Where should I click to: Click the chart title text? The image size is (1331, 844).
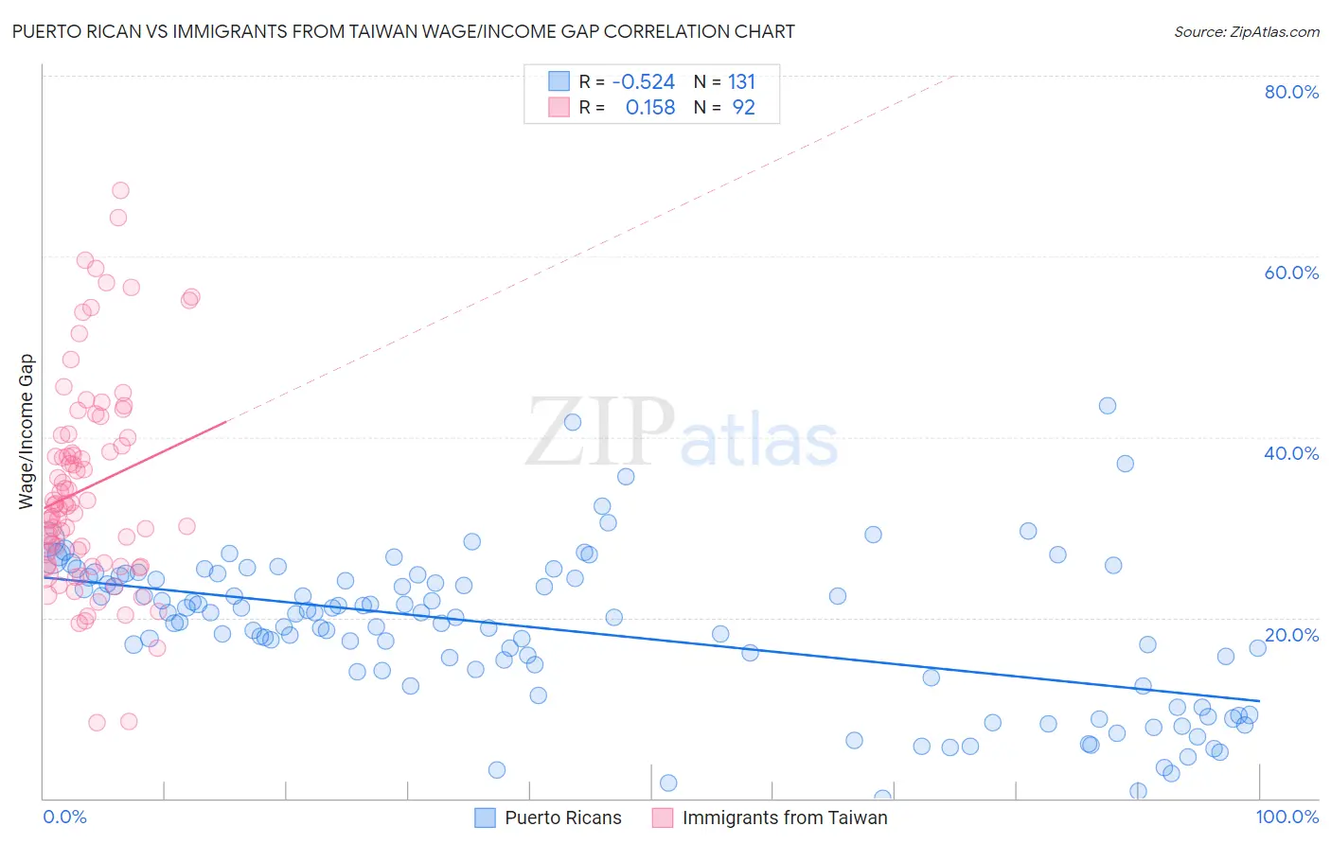pos(403,31)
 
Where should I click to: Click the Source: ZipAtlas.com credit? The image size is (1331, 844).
pos(1246,31)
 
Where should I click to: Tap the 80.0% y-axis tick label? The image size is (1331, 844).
pos(1291,92)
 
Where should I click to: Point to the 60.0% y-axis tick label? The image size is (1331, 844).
pos(1291,273)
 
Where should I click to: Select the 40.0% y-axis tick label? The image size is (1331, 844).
pos(1291,453)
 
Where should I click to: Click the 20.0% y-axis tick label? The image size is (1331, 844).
pos(1291,634)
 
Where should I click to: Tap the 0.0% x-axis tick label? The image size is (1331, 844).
pos(64,817)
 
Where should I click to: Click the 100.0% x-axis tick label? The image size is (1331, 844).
pos(1287,817)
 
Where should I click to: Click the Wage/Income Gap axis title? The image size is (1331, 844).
pos(27,431)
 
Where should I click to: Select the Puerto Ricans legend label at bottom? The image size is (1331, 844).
pos(563,818)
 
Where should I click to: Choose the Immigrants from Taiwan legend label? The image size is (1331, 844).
pos(785,818)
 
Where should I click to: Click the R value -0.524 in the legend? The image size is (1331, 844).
pos(644,82)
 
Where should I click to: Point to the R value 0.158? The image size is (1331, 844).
pos(650,108)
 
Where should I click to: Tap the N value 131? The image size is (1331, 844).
pos(741,82)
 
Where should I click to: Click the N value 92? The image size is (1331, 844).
pos(743,108)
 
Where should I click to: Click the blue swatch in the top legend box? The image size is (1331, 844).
pos(559,81)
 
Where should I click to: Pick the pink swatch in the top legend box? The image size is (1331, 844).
pos(559,107)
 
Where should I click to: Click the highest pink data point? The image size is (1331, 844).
pos(120,190)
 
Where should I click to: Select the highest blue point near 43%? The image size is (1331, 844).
pos(1107,406)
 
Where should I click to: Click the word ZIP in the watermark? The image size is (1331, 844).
pos(600,432)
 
